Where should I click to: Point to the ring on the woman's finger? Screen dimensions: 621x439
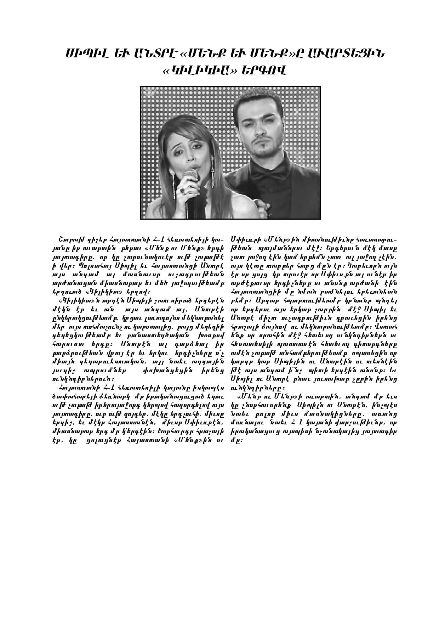(x=183, y=191)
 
